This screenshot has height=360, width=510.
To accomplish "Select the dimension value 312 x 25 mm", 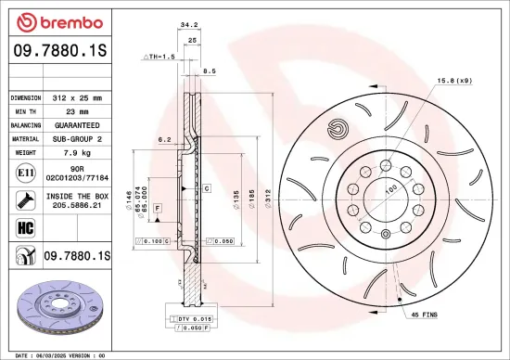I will click(81, 96).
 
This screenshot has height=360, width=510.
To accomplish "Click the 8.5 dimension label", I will click(209, 71).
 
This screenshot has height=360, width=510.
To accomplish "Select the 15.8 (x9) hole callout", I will click(454, 81).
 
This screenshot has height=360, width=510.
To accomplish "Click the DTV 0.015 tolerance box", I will click(193, 319).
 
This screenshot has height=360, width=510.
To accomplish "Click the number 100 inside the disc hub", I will click(390, 189).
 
